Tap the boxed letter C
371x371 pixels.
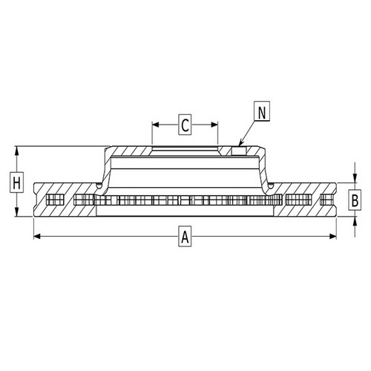[x=185, y=125]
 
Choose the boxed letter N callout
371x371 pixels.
[x=262, y=112]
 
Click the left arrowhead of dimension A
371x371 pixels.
[x=36, y=237]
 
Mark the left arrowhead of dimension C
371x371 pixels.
[x=154, y=125]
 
